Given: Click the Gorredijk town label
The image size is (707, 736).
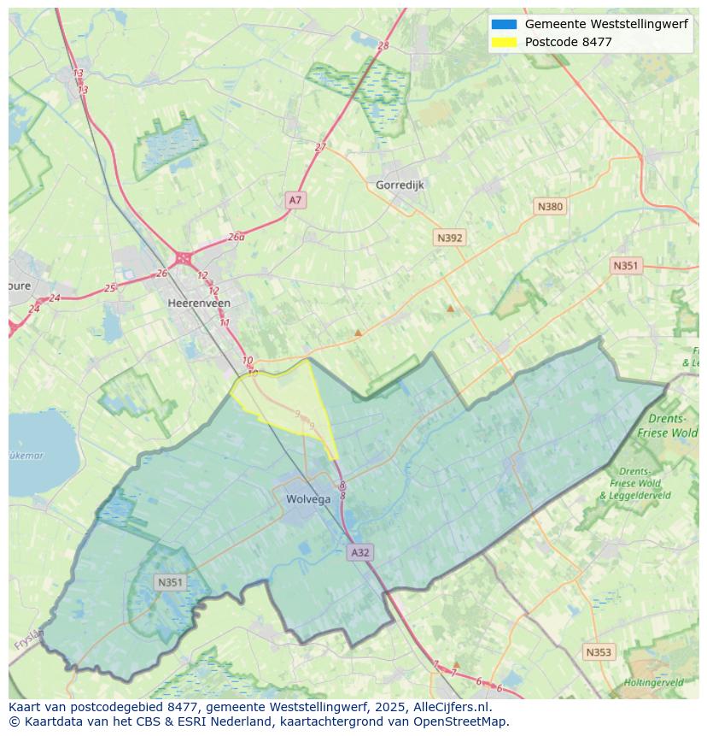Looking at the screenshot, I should click(x=400, y=185).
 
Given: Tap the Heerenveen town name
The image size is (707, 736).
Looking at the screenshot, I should click(x=199, y=303).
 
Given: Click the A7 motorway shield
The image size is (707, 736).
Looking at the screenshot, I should click(x=295, y=200).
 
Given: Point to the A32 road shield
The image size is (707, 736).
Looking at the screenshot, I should click(x=360, y=552).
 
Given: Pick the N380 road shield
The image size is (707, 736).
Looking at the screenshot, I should click(x=550, y=206).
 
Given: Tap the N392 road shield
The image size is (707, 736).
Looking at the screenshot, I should click(x=449, y=238).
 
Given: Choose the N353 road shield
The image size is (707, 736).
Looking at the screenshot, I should click(x=598, y=652).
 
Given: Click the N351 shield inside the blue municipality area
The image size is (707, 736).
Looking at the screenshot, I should click(x=170, y=582).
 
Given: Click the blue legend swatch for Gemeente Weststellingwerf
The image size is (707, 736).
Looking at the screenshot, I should click(x=504, y=24).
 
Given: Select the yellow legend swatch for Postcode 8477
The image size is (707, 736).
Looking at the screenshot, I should click(x=504, y=42).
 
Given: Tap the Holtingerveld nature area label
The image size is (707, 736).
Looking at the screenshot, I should click(x=653, y=682).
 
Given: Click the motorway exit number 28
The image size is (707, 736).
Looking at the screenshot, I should click(x=383, y=45).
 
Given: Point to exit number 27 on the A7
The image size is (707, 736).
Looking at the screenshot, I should click(x=320, y=147).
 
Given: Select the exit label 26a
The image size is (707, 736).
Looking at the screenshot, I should click(x=237, y=237).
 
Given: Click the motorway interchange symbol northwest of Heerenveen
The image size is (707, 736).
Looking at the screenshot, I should click(x=183, y=257).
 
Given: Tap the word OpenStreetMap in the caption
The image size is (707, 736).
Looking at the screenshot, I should click(x=461, y=721).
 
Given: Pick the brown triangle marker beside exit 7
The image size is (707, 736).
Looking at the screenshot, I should click(x=456, y=663).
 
